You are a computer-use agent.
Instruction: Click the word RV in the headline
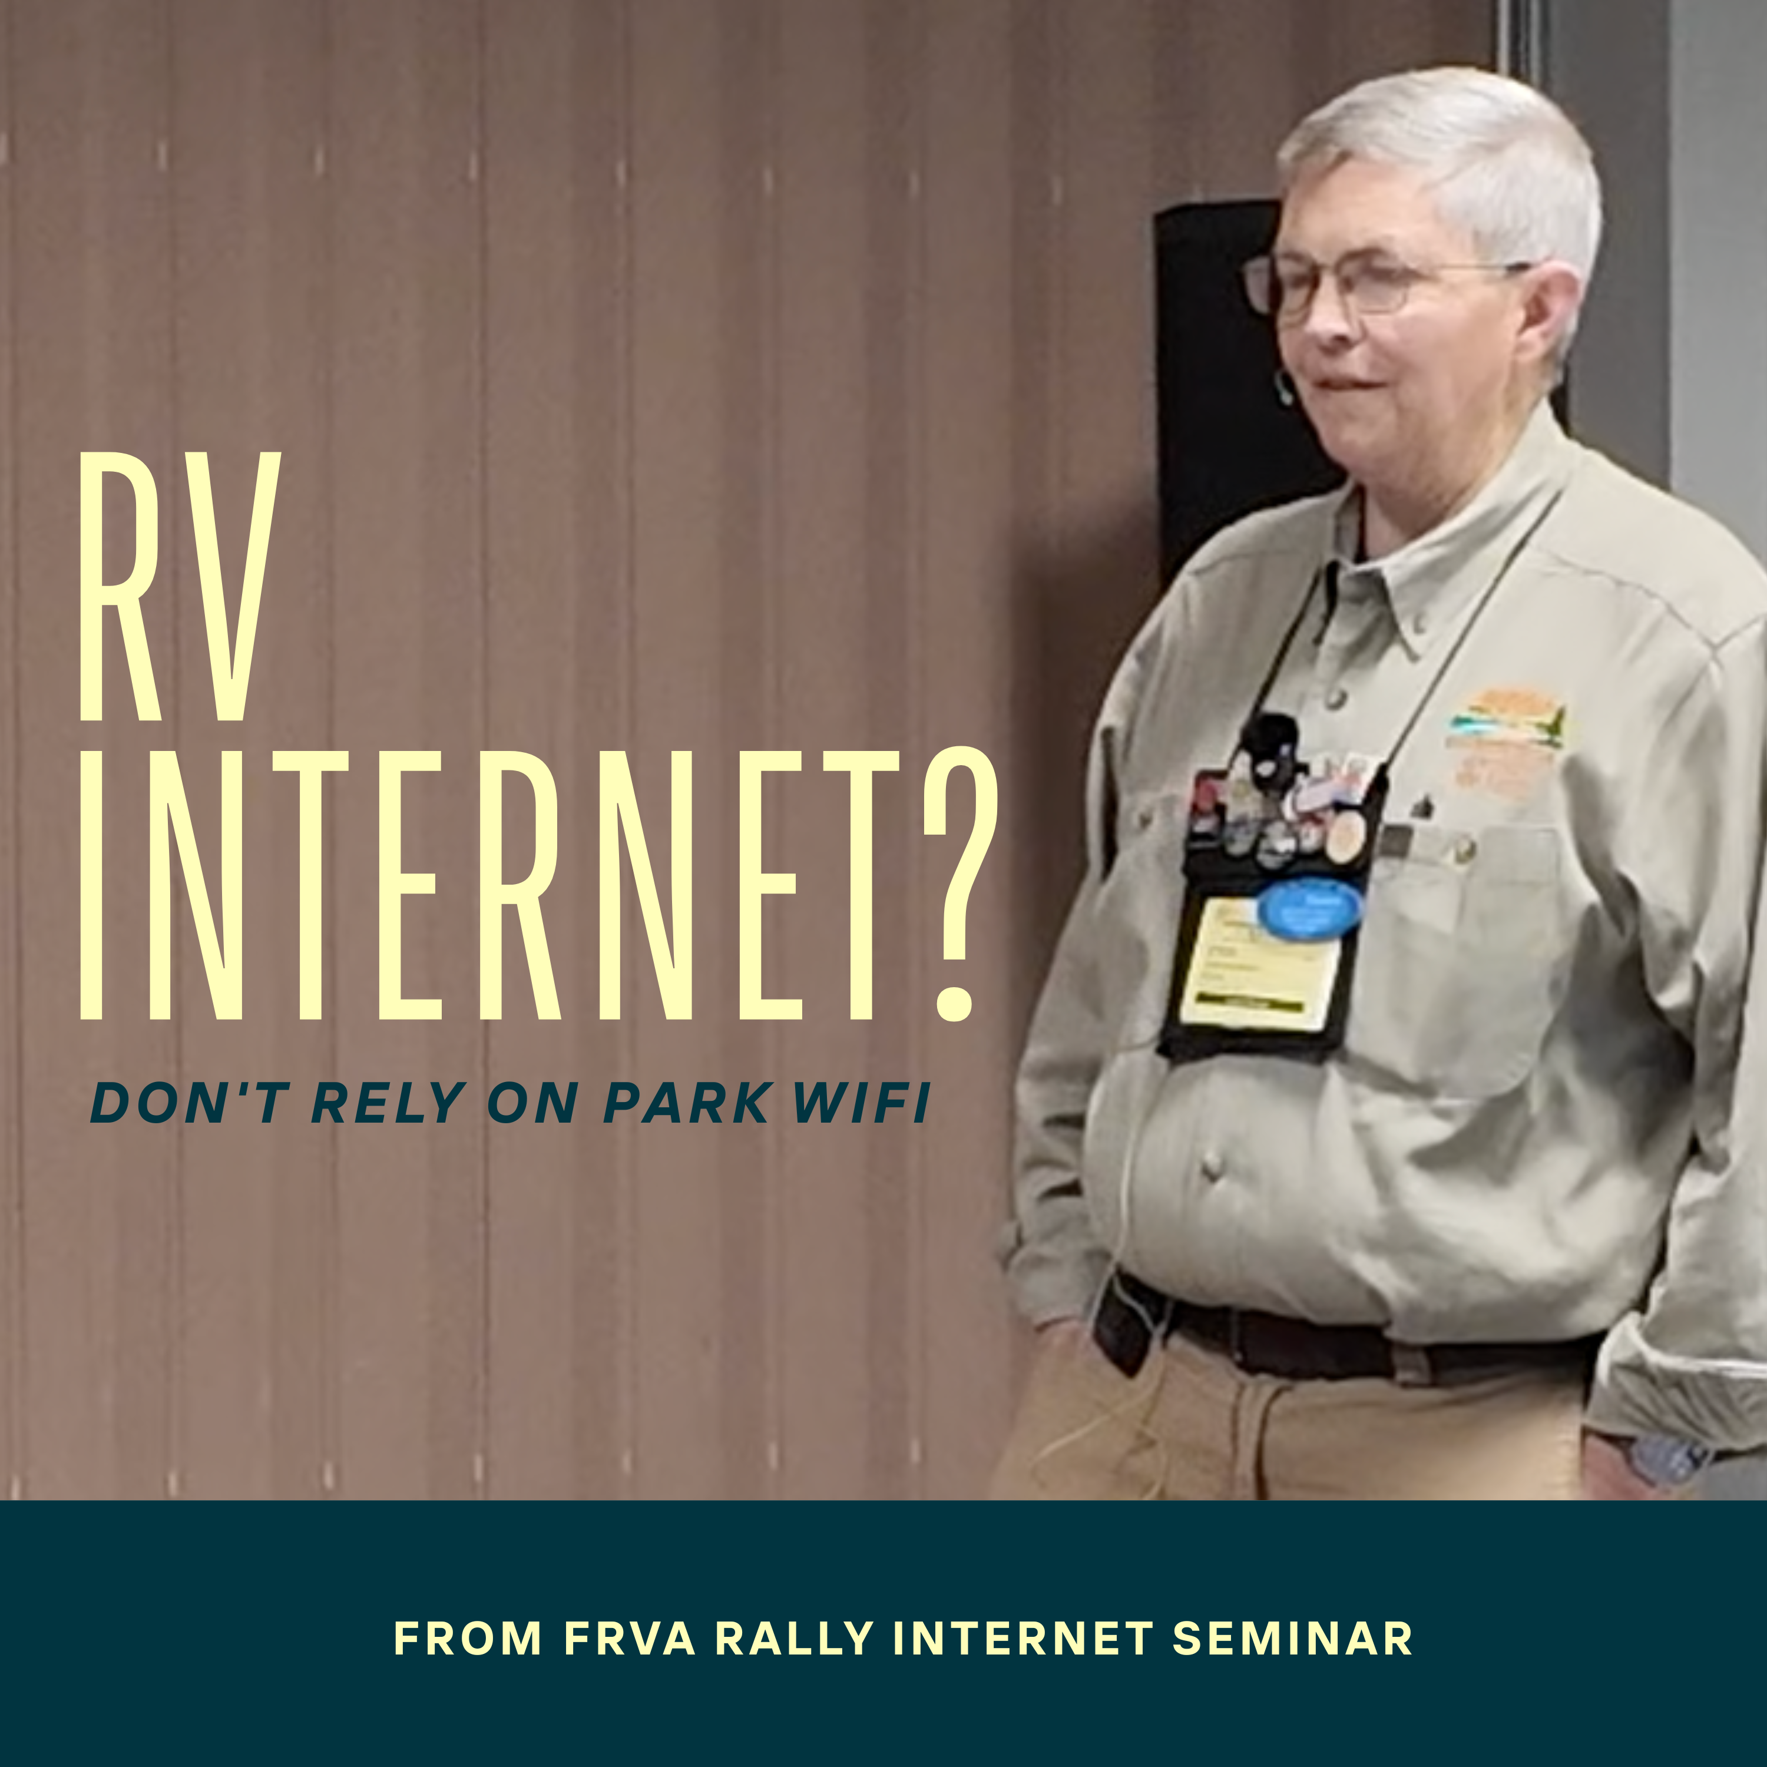[179, 586]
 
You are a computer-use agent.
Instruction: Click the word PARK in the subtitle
[686, 1103]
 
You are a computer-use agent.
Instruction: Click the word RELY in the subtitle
[389, 1103]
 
